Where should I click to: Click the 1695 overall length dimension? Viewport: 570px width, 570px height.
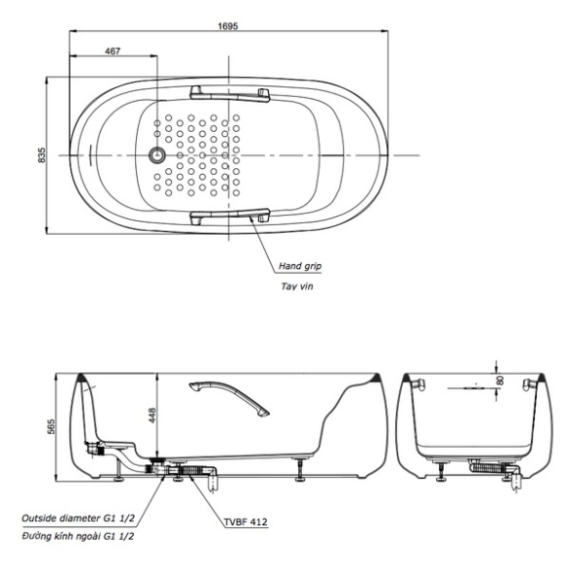tap(227, 26)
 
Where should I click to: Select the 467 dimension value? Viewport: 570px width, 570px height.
tap(113, 51)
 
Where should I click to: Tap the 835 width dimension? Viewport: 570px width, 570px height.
tap(42, 154)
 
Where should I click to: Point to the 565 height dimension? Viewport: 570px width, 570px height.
tap(51, 427)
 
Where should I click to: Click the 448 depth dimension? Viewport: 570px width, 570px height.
tap(151, 416)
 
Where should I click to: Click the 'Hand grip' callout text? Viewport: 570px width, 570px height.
tap(300, 266)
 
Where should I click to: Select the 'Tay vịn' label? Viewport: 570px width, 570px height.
tap(297, 286)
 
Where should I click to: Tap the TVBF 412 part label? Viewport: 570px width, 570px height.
tap(246, 522)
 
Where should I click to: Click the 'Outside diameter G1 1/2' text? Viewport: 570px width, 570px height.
tap(78, 518)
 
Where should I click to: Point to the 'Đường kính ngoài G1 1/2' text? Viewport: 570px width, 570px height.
tap(78, 536)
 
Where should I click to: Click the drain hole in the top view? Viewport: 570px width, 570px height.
tap(157, 155)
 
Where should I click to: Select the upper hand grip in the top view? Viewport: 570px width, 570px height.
tap(230, 94)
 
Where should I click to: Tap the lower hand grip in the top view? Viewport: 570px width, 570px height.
tap(230, 216)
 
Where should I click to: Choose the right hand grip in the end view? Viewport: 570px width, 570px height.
tap(529, 385)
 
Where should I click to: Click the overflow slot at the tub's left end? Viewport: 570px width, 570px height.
tap(90, 155)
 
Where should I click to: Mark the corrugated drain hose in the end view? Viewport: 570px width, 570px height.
tap(488, 467)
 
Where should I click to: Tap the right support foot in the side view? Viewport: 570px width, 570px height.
tap(299, 470)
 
